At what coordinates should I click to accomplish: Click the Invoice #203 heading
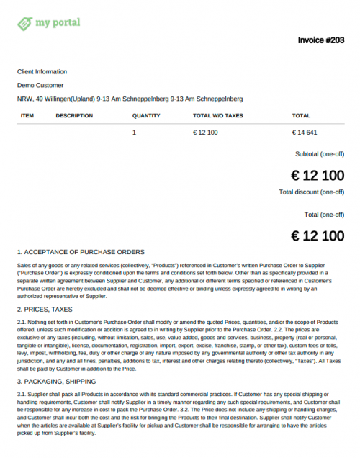pyautogui.click(x=320, y=40)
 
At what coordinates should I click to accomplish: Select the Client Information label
pyautogui.click(x=42, y=71)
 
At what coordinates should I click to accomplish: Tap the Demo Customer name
pyautogui.click(x=41, y=85)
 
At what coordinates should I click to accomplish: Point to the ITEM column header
pyautogui.click(x=27, y=115)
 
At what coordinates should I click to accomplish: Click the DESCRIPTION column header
pyautogui.click(x=74, y=115)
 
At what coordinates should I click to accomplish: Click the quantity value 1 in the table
pyautogui.click(x=134, y=133)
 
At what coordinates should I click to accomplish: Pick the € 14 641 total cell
pyautogui.click(x=305, y=133)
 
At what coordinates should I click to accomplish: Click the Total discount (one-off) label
pyautogui.click(x=311, y=192)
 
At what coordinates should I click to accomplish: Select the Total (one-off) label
pyautogui.click(x=324, y=215)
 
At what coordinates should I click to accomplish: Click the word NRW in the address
pyautogui.click(x=24, y=99)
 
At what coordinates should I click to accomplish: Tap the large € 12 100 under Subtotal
pyautogui.click(x=317, y=175)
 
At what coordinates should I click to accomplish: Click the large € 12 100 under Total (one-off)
pyautogui.click(x=317, y=235)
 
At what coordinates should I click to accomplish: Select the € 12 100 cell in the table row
pyautogui.click(x=206, y=133)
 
